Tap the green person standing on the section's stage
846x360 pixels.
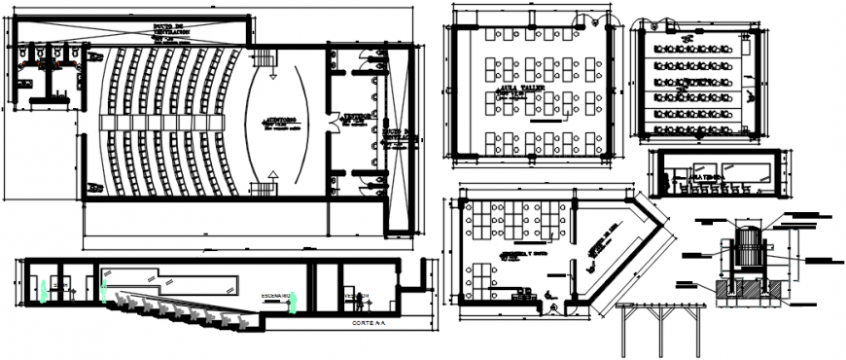(292, 304)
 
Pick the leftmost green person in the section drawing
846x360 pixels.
(44, 290)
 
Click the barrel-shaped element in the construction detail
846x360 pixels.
(748, 248)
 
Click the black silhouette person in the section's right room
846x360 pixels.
(356, 299)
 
